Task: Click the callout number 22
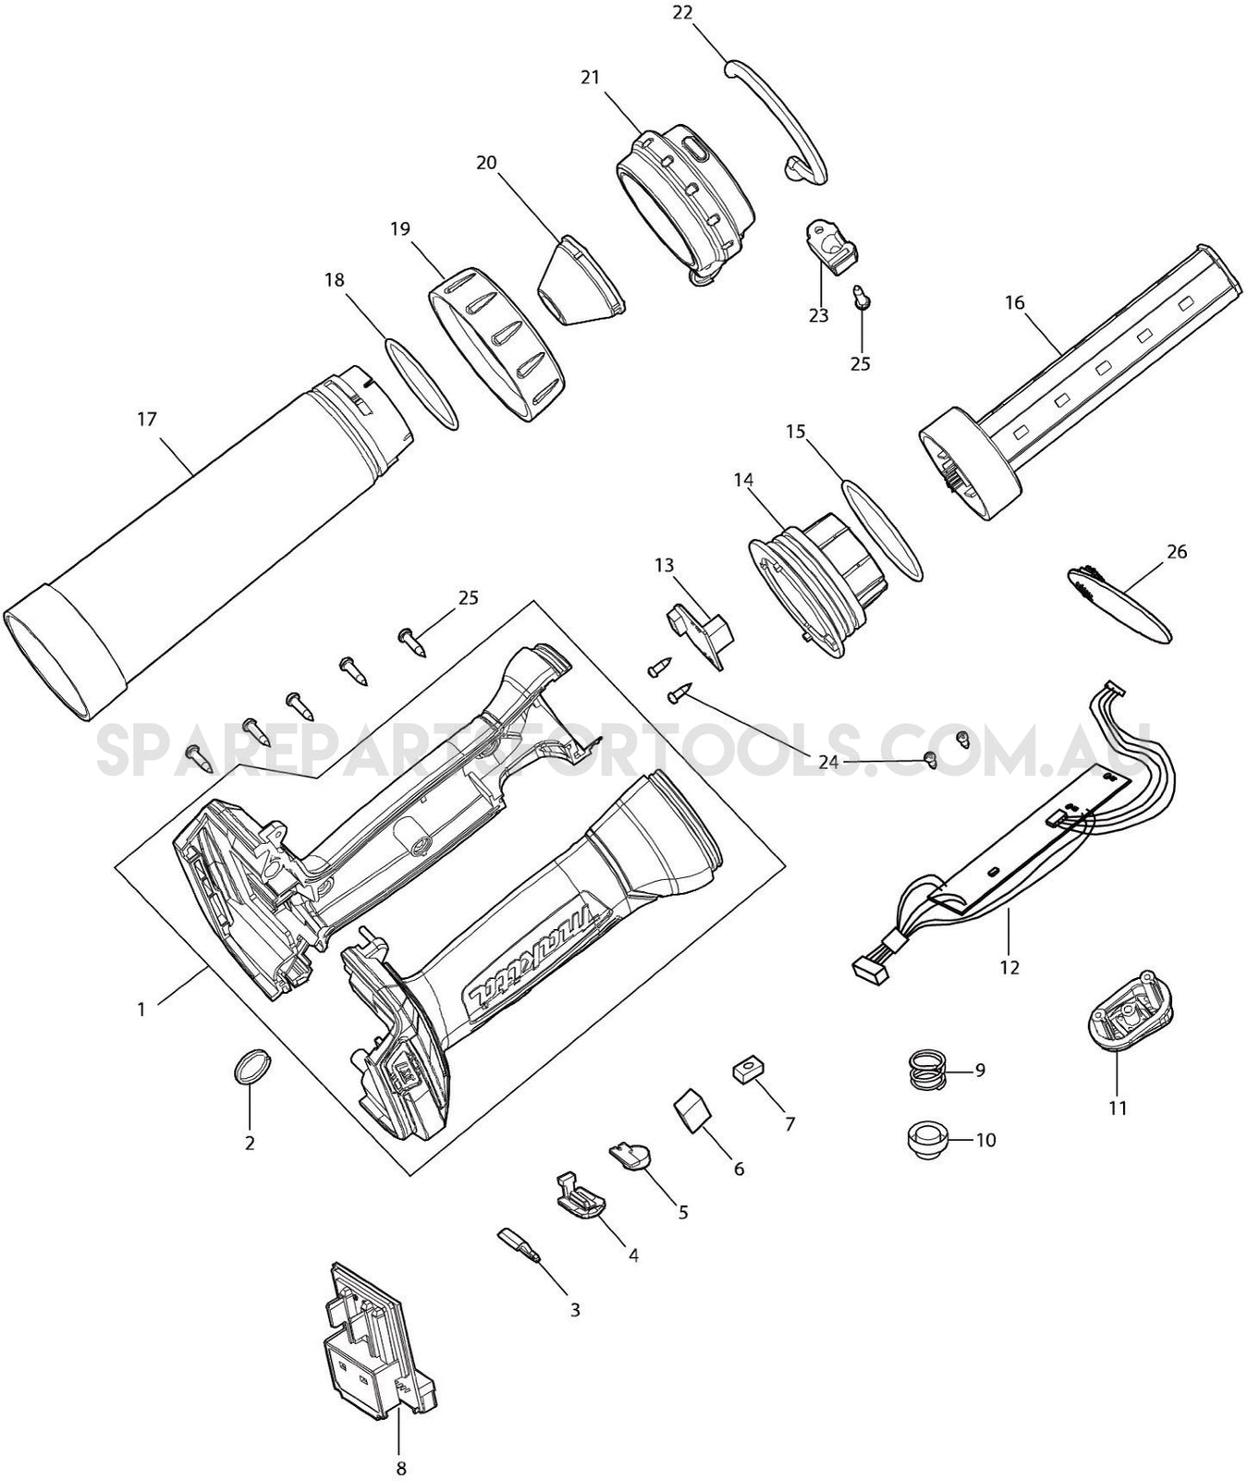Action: [682, 12]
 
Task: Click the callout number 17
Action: [147, 420]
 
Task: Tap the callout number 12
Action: [1009, 967]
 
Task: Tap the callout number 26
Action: [1177, 552]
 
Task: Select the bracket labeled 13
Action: [700, 634]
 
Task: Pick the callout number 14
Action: [743, 480]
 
